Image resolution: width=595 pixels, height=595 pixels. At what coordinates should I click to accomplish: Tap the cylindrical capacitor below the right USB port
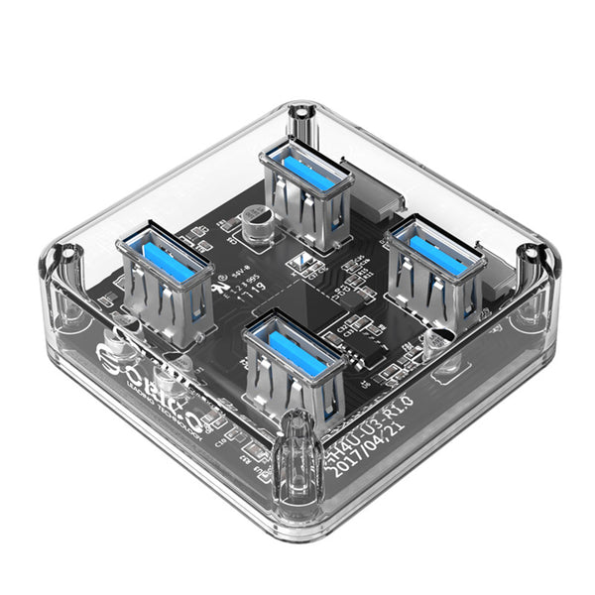click(x=434, y=342)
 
